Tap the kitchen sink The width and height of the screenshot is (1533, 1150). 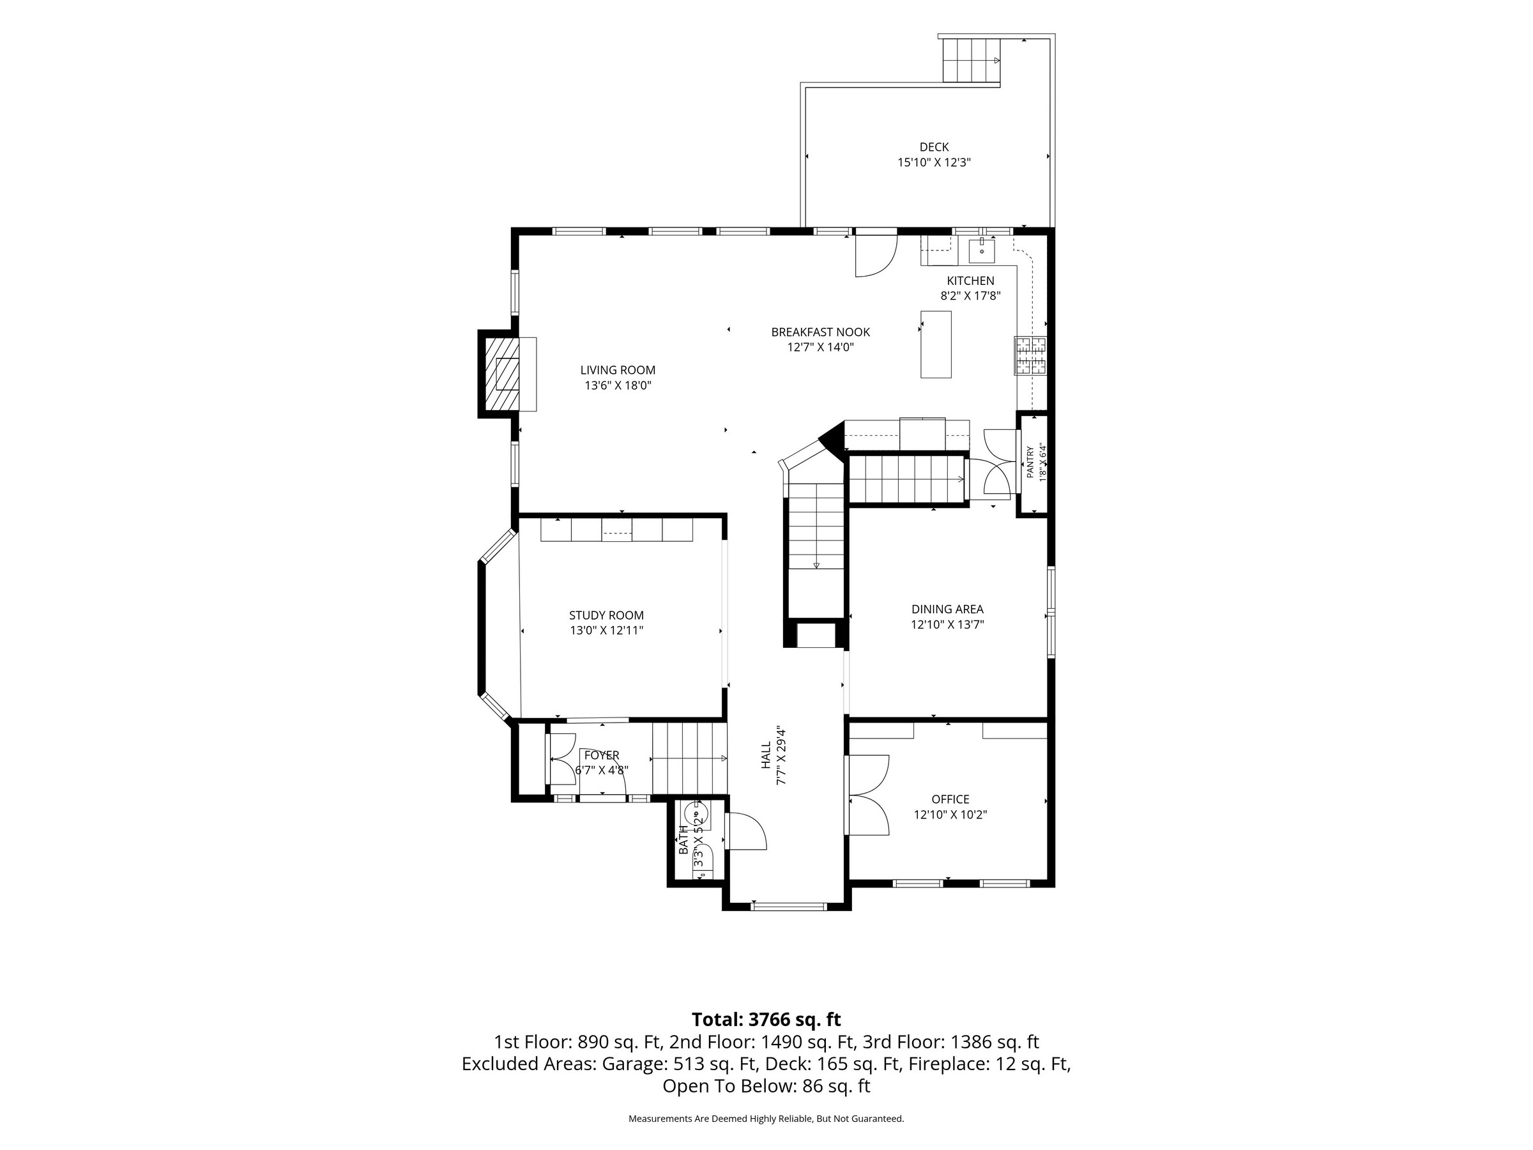[981, 250]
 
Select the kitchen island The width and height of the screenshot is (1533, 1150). [936, 344]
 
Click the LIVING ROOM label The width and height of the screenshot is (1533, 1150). [618, 370]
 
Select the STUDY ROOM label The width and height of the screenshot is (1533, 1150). [606, 615]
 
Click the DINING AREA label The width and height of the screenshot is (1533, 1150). [947, 609]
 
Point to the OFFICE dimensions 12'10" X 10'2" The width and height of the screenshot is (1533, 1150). [950, 815]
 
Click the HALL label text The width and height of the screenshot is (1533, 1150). [766, 755]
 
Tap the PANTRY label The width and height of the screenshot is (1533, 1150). [1030, 463]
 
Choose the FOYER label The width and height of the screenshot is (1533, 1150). [602, 755]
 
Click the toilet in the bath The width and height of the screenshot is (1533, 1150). [694, 813]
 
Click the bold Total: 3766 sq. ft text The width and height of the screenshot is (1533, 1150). [766, 1020]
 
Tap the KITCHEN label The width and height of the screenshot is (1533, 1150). [970, 280]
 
